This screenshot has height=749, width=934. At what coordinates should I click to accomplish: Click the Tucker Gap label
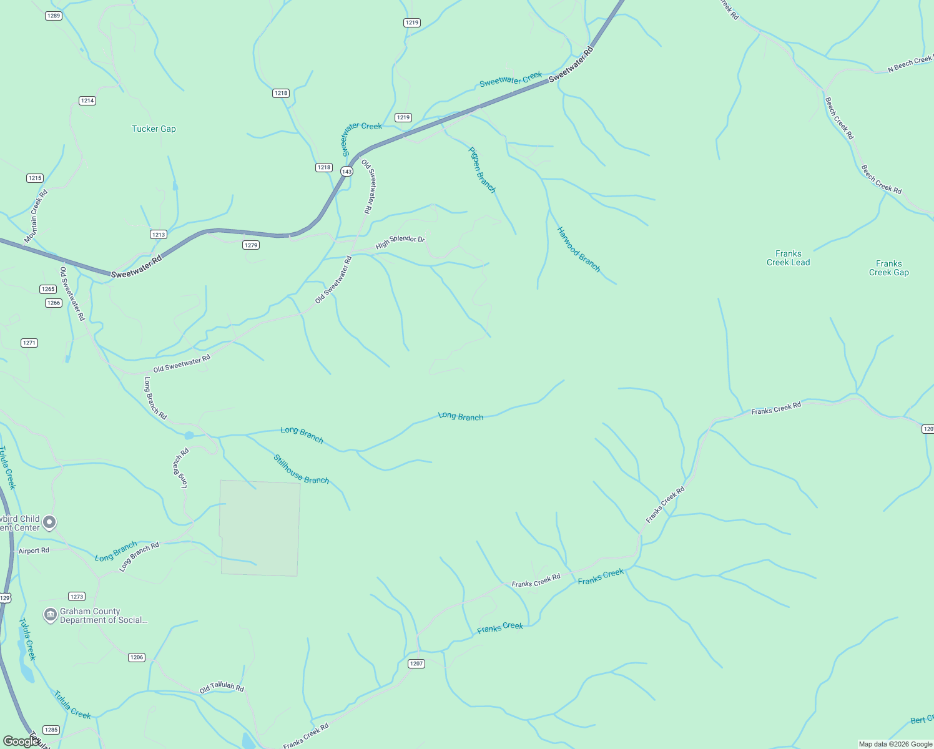point(154,129)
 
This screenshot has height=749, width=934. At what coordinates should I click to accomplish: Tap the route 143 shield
point(347,171)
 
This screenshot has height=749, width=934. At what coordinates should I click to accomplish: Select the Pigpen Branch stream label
point(482,170)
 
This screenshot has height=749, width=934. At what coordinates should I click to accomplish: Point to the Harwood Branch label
point(578,250)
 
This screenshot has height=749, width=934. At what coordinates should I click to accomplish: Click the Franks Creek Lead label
point(788,258)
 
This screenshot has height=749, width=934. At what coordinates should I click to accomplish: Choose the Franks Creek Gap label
point(888,268)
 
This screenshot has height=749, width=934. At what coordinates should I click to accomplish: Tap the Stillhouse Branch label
point(301,469)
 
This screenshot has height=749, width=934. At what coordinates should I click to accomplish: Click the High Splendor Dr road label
point(400,242)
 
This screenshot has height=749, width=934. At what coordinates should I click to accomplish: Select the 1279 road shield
point(251,245)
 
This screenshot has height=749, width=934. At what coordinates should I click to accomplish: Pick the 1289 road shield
point(54,16)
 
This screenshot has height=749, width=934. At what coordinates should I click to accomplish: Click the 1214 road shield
point(87,100)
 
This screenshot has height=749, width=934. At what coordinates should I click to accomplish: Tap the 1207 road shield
point(416,663)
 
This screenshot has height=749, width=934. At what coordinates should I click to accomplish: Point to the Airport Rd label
point(34,551)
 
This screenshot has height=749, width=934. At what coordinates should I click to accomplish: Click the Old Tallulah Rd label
point(222,688)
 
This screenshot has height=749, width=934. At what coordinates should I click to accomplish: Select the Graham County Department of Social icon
point(50,615)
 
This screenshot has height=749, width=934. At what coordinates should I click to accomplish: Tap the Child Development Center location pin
point(49,522)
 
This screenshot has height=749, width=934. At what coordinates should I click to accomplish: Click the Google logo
point(21,742)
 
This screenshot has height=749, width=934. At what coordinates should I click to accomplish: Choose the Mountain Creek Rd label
point(36,217)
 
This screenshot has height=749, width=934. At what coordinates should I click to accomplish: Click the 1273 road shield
point(77,597)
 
